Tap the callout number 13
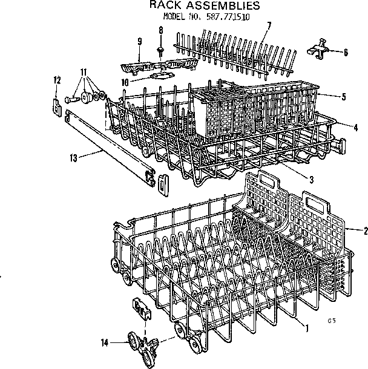73,158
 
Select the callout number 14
105,342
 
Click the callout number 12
57,80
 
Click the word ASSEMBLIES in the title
220,6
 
